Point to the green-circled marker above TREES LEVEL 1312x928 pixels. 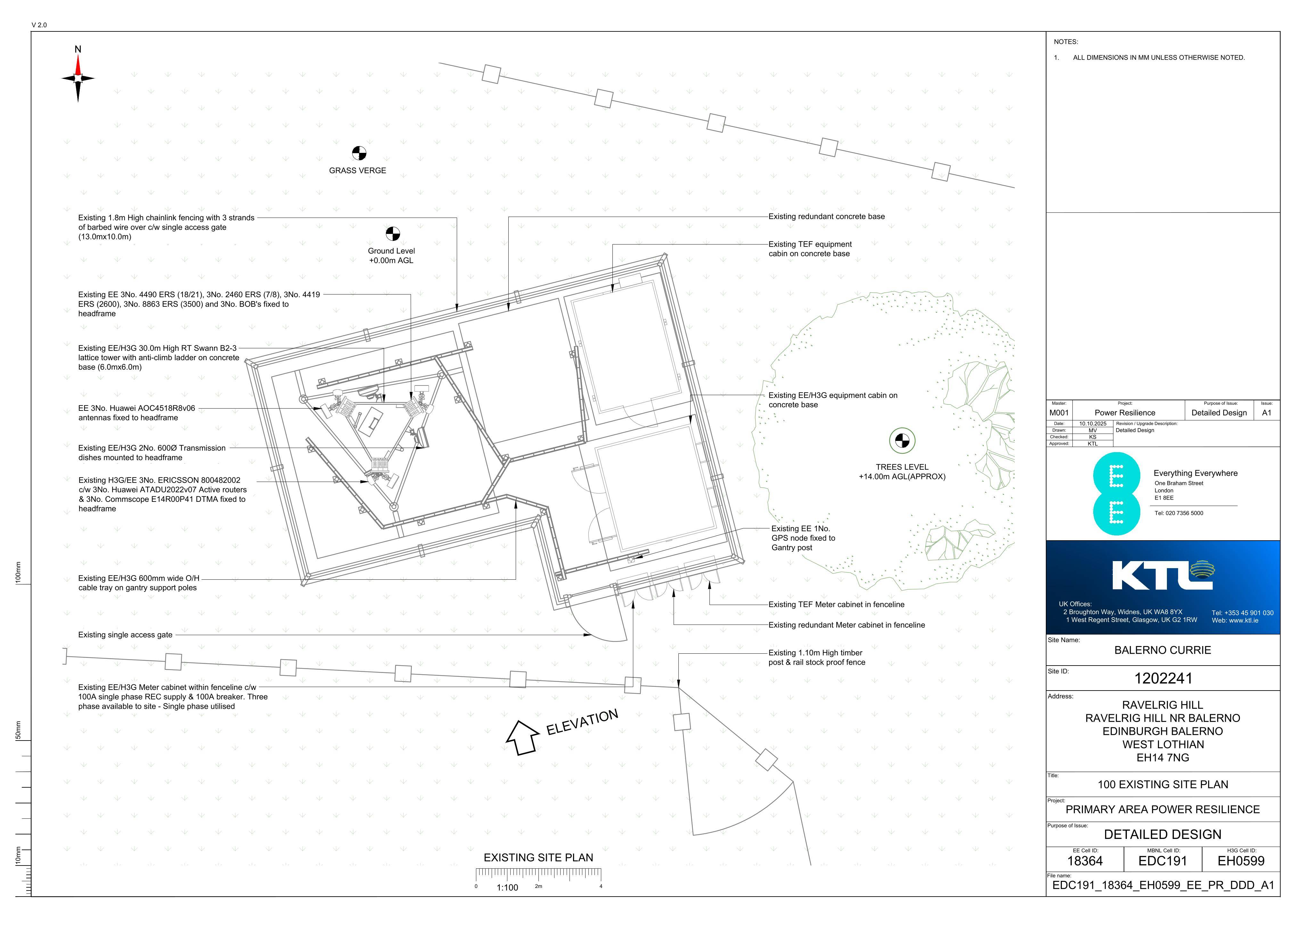click(x=902, y=440)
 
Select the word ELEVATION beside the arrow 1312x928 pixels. click(x=582, y=722)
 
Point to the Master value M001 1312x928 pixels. click(x=1059, y=413)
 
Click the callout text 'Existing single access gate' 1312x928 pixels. click(x=125, y=635)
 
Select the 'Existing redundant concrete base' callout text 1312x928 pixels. click(x=826, y=217)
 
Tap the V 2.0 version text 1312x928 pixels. click(x=39, y=25)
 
